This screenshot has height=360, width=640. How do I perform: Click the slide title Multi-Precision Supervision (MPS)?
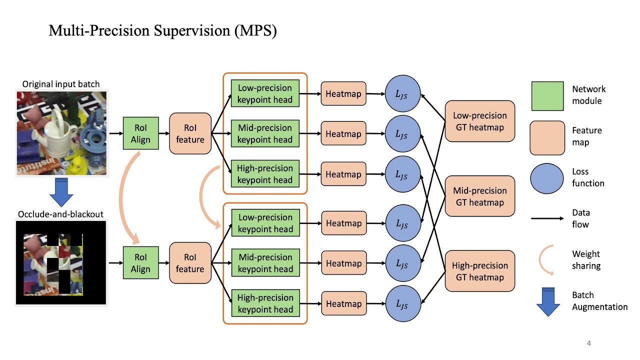[x=162, y=31]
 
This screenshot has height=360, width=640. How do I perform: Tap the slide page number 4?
[x=588, y=343]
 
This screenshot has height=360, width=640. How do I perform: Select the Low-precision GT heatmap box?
[x=479, y=121]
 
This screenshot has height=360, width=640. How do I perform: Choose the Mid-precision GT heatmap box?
[x=479, y=196]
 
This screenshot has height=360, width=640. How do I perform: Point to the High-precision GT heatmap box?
[x=479, y=271]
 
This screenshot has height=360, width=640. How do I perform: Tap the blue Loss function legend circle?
[x=547, y=178]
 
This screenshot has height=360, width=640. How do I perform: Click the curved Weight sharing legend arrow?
[x=546, y=260]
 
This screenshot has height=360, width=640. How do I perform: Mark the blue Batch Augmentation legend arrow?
[x=548, y=301]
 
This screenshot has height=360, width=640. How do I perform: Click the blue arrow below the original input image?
[x=61, y=191]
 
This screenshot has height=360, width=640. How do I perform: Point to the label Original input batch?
[x=61, y=84]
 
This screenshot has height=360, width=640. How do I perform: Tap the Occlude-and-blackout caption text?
[x=61, y=214]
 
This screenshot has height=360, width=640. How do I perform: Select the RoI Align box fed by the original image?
[x=140, y=133]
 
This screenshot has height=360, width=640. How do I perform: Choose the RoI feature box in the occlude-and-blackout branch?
[x=190, y=263]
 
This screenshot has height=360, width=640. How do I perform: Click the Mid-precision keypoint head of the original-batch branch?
[x=265, y=133]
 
